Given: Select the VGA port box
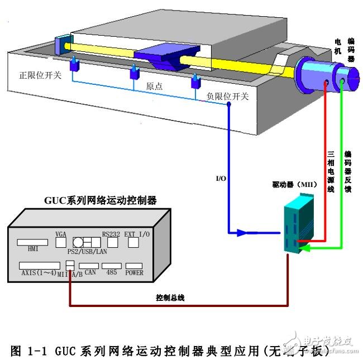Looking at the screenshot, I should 61,243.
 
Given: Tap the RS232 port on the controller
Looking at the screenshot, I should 109,243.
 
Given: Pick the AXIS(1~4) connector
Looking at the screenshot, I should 39,265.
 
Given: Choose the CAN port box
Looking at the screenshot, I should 88,265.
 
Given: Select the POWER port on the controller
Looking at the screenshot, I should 134,265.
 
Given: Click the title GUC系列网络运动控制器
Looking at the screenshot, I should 100,200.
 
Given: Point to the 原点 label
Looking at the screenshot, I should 155,87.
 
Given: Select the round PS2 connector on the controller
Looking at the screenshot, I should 79,242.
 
